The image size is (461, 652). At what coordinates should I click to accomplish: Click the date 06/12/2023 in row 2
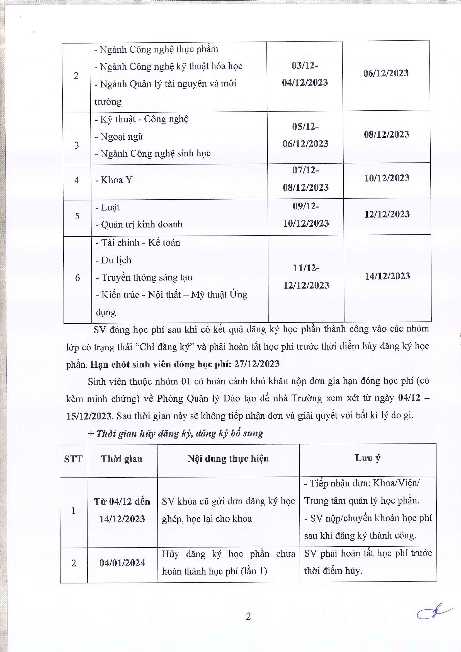pos(386,73)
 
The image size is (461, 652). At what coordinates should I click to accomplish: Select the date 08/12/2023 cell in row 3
pos(386,134)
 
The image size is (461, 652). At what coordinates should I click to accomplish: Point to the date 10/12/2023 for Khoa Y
pos(387,178)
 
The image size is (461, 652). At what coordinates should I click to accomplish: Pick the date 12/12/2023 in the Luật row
pos(387,214)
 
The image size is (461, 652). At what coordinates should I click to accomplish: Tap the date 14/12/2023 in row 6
pos(387,276)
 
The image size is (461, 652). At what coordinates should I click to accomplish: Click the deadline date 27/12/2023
pos(257,364)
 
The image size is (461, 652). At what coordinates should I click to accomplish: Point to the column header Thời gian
pos(122,459)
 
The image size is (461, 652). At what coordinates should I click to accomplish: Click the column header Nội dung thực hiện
pos(228,458)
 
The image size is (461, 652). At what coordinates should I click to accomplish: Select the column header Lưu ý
pos(368,458)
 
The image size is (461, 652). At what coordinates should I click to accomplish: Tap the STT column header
pos(73,459)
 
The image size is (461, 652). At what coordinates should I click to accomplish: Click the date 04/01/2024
pos(122,563)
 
